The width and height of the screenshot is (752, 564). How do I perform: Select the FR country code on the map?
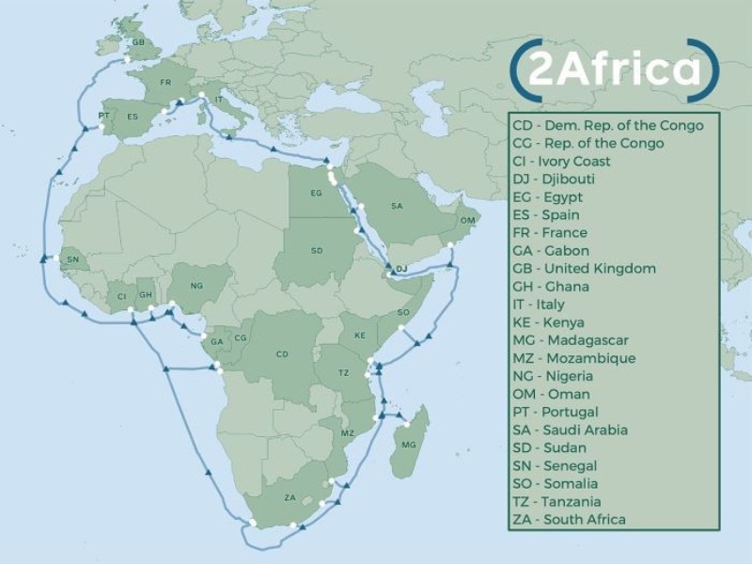166,84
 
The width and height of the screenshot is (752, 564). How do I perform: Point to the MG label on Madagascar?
407,444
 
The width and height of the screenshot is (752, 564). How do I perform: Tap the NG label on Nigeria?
196,286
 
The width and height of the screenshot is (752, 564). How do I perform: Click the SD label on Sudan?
317,251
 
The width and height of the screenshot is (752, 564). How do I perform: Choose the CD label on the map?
281,354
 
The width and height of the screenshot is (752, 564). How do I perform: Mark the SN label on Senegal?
73,259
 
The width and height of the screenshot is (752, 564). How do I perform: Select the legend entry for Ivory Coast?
561,162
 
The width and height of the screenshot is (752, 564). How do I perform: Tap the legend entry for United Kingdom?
584,269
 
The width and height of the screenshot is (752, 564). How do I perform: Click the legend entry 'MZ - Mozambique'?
574,358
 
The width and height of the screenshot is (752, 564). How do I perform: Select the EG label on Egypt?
317,194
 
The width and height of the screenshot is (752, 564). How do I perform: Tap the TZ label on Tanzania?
343,373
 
